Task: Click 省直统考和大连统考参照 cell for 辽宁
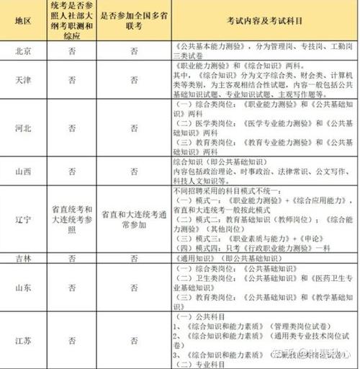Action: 70,215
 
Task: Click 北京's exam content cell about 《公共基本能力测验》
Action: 264,52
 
